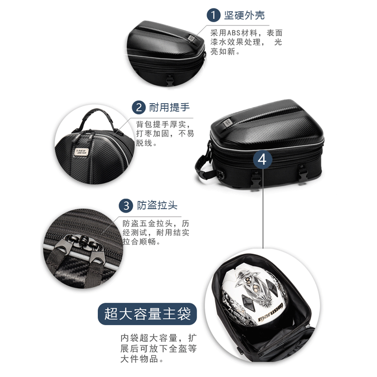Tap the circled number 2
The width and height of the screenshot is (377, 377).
tap(139, 107)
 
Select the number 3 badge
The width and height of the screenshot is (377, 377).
tap(126, 205)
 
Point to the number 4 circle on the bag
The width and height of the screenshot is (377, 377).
tap(262, 159)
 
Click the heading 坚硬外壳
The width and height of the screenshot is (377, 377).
tap(246, 16)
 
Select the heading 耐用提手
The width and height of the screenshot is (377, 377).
tap(166, 107)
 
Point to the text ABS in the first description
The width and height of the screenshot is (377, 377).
tap(234, 33)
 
